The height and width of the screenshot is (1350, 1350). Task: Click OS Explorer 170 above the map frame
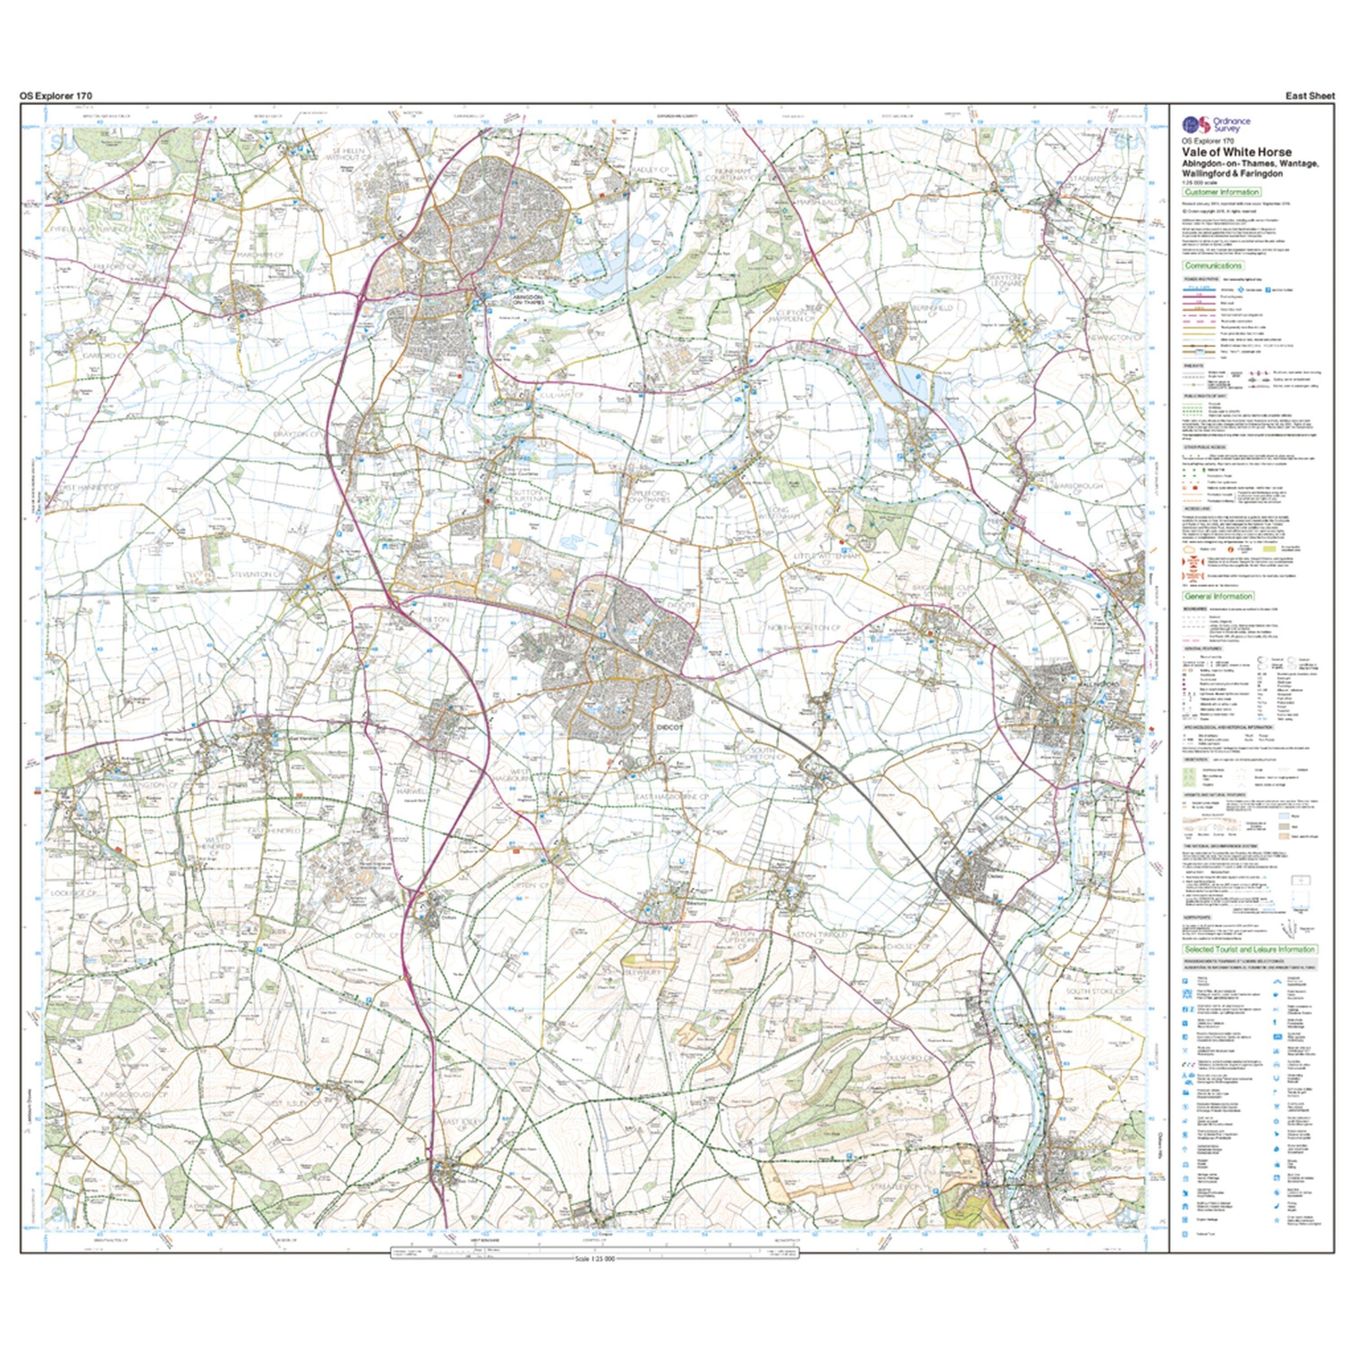coord(56,96)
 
